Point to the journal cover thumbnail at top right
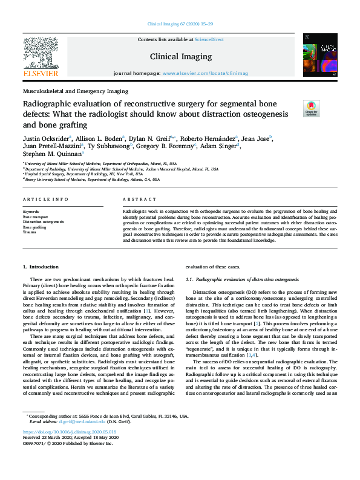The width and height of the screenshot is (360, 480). click(x=319, y=55)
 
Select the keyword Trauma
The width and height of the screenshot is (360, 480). click(x=29, y=232)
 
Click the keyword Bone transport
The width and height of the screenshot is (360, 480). click(x=36, y=216)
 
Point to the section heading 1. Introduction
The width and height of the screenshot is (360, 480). click(x=41, y=267)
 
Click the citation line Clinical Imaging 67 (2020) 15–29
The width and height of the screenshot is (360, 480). click(x=180, y=24)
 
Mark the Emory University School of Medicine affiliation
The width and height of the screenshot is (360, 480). click(x=92, y=180)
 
